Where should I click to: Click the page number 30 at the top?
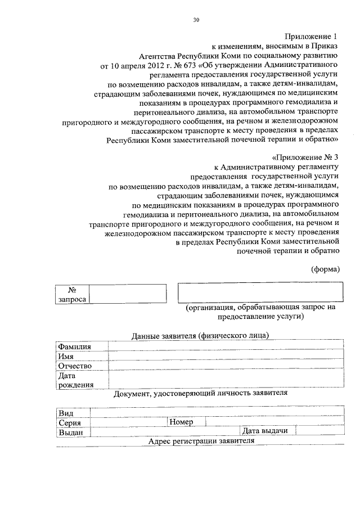(196, 20)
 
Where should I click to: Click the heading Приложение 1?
(312, 37)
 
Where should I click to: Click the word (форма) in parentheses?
(325, 268)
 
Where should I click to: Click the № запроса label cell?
(72, 294)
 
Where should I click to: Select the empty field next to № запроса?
(127, 294)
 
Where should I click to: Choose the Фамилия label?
(75, 346)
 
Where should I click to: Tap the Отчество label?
(75, 366)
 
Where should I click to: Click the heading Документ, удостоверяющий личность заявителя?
(200, 393)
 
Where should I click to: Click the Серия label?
(70, 422)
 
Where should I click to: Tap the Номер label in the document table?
(181, 422)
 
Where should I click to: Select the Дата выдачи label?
(265, 431)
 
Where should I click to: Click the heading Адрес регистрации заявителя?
(201, 441)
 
